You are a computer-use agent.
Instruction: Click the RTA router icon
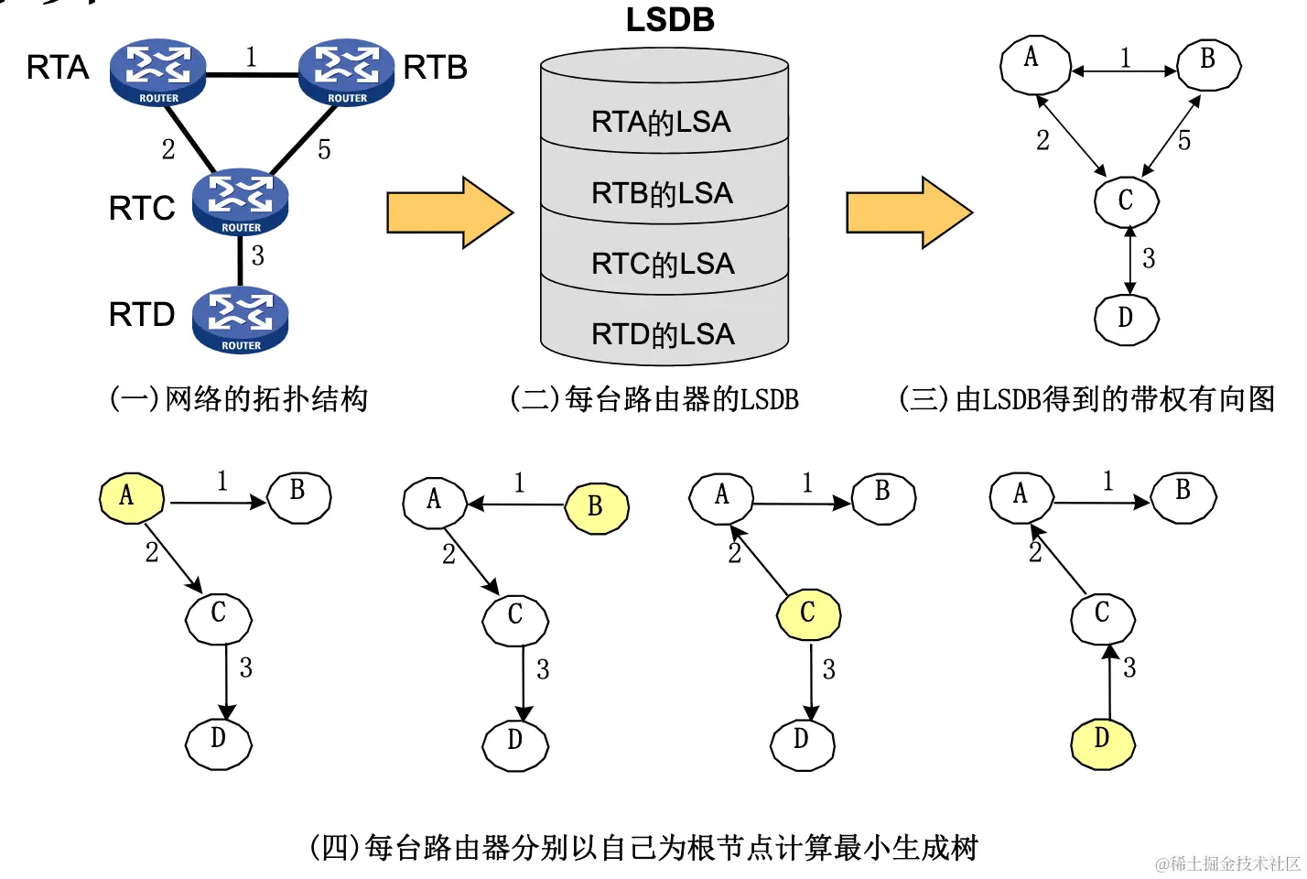[157, 72]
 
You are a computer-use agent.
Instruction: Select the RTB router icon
[347, 72]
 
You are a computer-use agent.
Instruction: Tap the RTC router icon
[240, 201]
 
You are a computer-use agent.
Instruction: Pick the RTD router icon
[240, 320]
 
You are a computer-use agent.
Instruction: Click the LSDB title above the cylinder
[670, 20]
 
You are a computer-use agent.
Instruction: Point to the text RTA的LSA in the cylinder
[661, 122]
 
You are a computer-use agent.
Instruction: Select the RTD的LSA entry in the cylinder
[663, 334]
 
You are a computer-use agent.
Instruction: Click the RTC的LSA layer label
[663, 264]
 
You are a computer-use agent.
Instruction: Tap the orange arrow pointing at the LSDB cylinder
[449, 212]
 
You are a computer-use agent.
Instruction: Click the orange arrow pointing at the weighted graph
[909, 212]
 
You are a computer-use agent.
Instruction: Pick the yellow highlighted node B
[597, 508]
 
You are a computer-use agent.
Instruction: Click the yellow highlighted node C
[808, 614]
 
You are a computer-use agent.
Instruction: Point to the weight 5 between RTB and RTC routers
[324, 150]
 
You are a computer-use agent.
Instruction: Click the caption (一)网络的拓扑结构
[239, 399]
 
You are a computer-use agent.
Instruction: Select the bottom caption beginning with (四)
[644, 848]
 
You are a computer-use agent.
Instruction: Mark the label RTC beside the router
[142, 209]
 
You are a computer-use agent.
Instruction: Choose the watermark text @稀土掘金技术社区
[1226, 863]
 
